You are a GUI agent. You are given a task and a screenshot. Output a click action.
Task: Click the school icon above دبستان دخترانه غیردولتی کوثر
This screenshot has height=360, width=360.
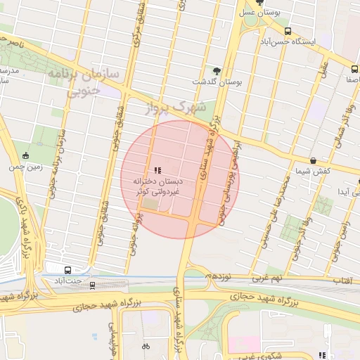(x=157, y=170)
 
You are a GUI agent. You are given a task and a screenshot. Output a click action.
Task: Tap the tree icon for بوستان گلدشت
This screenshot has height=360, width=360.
(x=217, y=71)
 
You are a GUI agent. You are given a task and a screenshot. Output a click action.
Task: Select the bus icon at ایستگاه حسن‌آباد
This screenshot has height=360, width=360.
(x=288, y=32)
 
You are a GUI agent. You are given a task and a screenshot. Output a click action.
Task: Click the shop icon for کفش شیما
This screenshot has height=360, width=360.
(x=313, y=161)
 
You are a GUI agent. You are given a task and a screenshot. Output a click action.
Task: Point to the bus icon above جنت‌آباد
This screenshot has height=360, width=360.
(x=68, y=270)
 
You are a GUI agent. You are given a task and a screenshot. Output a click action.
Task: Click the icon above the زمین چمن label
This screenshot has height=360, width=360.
(x=27, y=156)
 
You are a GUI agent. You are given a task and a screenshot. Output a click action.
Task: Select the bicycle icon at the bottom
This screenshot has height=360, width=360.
(x=146, y=347)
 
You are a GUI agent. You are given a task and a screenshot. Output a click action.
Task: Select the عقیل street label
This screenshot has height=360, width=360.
(x=324, y=69)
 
